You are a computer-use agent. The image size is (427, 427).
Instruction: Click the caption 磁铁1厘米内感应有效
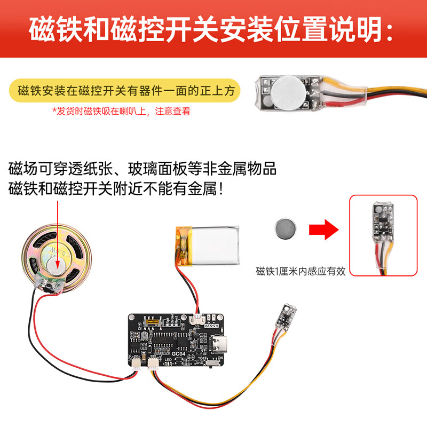pos(301,271)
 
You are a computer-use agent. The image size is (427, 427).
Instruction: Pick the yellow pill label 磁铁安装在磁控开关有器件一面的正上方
pos(126,91)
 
